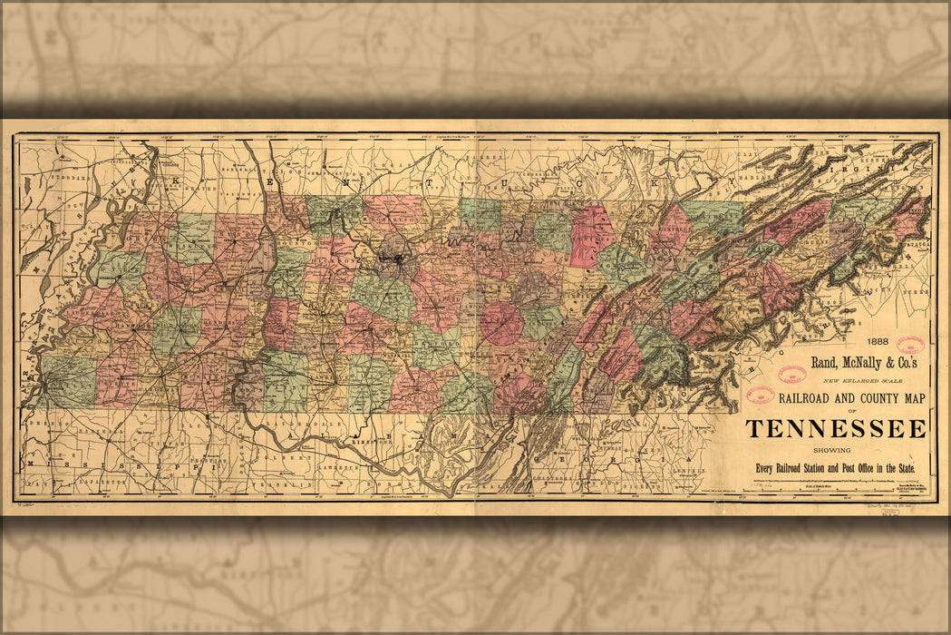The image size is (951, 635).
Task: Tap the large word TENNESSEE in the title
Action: [836, 429]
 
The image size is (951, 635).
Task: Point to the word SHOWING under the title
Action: [836, 449]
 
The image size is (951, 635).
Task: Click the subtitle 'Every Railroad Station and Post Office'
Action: [836, 467]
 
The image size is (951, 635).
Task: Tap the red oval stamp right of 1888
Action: [909, 345]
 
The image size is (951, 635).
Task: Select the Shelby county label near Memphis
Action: [69, 381]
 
